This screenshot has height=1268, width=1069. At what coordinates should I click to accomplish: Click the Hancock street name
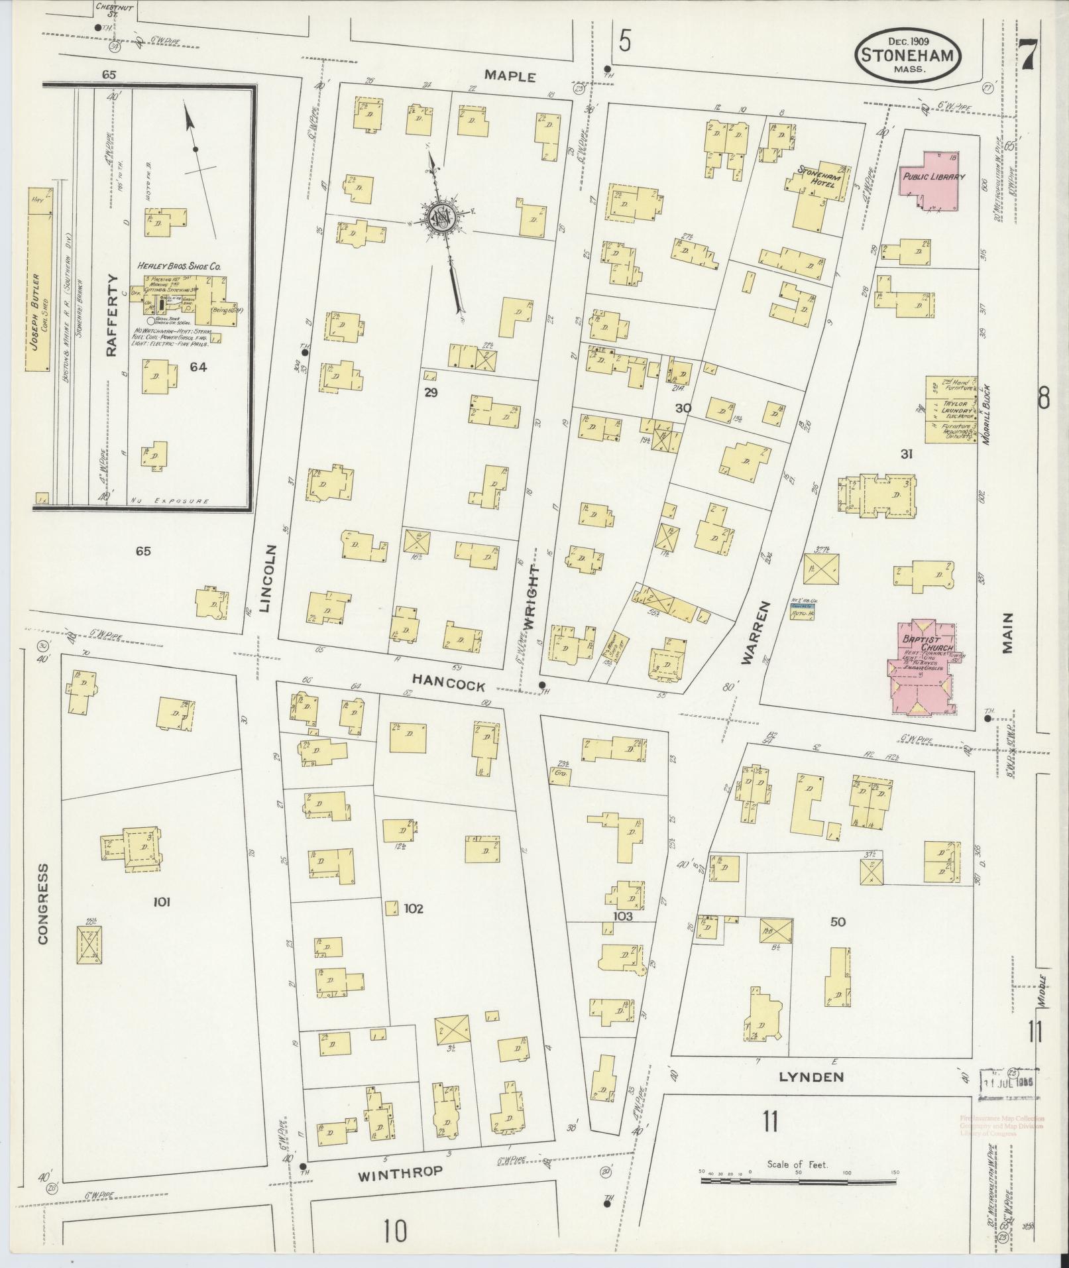point(439,687)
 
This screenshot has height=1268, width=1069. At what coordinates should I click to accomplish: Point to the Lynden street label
point(811,1076)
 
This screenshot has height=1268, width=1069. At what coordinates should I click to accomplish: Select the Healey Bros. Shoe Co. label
point(179,266)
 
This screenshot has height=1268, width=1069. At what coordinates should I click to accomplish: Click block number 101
point(162,901)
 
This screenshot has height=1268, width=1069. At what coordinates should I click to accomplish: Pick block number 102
point(414,909)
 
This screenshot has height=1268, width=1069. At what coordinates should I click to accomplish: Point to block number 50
point(838,921)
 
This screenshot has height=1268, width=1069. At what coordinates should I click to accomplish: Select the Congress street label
point(43,903)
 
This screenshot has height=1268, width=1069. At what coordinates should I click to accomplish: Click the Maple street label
point(510,76)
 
